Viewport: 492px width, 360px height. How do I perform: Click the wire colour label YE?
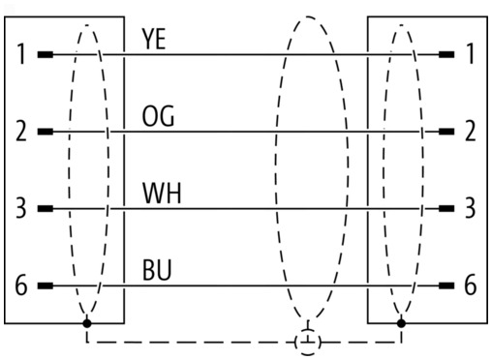(x=154, y=39)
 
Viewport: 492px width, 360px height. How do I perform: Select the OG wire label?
(x=158, y=116)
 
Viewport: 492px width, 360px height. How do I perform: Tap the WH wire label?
(x=162, y=193)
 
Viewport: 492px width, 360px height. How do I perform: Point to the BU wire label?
(x=157, y=270)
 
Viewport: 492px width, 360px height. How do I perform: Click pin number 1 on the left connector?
(x=21, y=54)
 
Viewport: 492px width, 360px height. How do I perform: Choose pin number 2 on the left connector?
(x=21, y=131)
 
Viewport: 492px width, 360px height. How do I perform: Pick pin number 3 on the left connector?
(x=21, y=208)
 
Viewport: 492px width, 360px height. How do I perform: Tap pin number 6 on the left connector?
(x=21, y=285)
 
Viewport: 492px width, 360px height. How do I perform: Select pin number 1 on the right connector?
(x=471, y=54)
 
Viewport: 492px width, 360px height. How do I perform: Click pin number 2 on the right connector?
(x=471, y=131)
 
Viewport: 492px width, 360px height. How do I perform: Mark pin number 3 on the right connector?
(x=470, y=208)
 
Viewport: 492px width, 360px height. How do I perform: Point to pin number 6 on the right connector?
(x=471, y=285)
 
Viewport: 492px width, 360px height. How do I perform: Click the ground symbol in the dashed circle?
(x=308, y=342)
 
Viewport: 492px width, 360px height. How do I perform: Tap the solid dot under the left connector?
(x=87, y=323)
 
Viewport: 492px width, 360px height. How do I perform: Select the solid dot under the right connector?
(x=401, y=323)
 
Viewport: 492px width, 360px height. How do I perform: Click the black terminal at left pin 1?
(x=46, y=54)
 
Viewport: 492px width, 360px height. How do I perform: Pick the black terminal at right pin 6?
(x=446, y=285)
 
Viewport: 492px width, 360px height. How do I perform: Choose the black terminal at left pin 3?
(x=46, y=209)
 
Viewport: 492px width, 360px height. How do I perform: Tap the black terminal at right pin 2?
(x=446, y=132)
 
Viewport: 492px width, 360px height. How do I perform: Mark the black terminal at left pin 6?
(x=46, y=285)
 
